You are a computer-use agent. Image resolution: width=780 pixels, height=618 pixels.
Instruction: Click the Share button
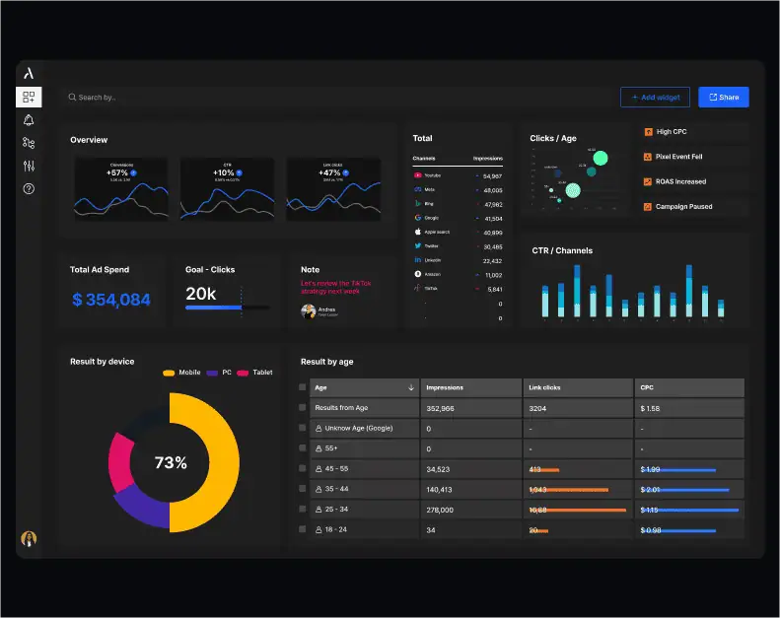click(x=723, y=98)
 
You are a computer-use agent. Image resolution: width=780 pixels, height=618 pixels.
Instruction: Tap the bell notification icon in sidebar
click(x=29, y=120)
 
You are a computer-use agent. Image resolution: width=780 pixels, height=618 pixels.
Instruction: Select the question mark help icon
click(x=29, y=188)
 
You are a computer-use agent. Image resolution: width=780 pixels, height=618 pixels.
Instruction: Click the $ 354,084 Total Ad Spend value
click(x=111, y=300)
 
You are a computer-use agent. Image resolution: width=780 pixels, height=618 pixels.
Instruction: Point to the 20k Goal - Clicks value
click(x=201, y=294)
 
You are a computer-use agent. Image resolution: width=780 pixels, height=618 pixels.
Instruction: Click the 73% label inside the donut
click(x=171, y=462)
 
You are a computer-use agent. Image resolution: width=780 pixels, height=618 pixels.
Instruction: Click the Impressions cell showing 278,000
click(x=440, y=510)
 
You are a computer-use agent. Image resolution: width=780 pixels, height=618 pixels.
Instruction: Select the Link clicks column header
click(x=544, y=387)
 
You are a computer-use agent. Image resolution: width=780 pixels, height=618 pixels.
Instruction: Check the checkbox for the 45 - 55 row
click(x=303, y=469)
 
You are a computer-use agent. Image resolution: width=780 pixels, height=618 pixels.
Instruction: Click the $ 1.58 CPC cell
click(x=650, y=408)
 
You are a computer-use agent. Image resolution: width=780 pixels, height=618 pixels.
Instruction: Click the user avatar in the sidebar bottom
click(x=29, y=539)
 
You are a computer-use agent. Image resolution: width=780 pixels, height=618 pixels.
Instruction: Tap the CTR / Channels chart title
click(x=562, y=251)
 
